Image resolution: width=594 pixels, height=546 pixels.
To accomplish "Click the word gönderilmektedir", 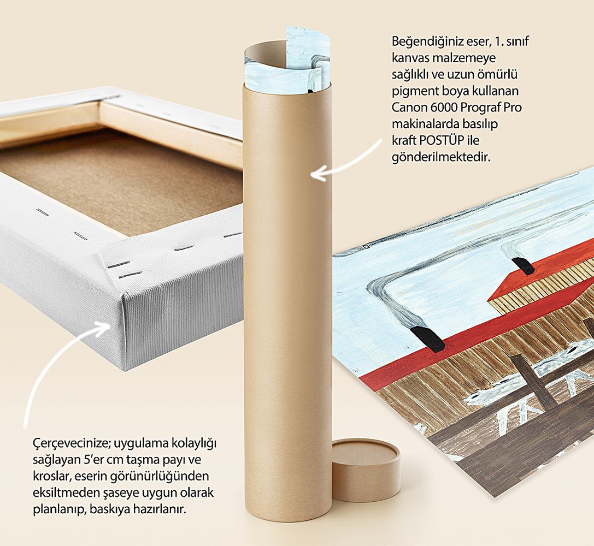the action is pos(441,157).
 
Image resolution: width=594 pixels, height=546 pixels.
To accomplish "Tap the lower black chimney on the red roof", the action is pos(428,337).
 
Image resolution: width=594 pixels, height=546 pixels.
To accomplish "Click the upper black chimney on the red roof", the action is pos(523,265).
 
